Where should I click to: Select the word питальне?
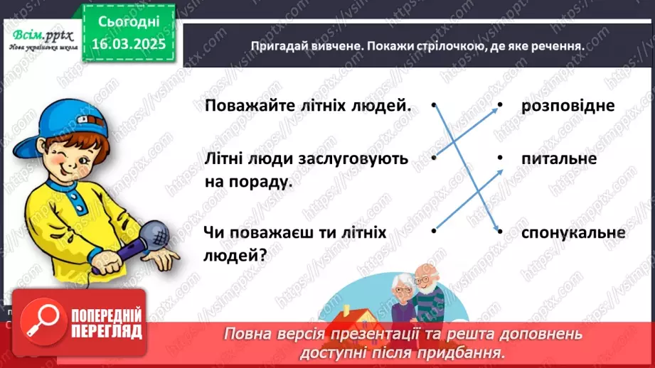558,158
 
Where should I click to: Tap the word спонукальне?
573,232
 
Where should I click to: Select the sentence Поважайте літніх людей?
307,106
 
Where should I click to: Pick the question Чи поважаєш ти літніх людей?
294,242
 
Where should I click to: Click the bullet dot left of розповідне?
500,105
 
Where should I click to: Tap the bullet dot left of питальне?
500,158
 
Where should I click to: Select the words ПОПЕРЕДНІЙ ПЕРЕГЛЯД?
107,323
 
